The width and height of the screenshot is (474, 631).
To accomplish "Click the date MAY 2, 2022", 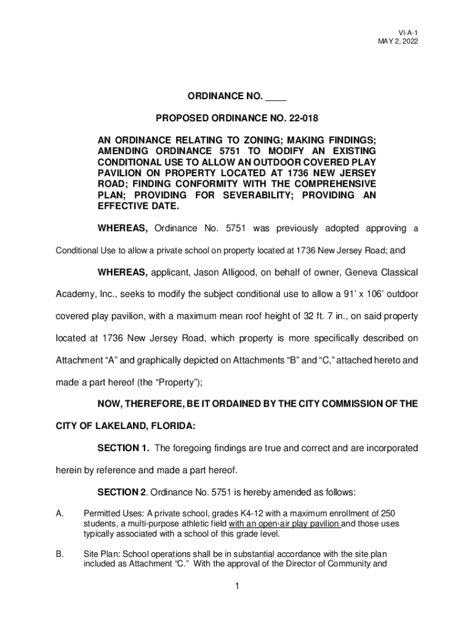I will [403, 41].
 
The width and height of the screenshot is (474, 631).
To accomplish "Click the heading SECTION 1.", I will [123, 448].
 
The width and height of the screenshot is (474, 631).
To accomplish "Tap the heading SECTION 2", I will [123, 492].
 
